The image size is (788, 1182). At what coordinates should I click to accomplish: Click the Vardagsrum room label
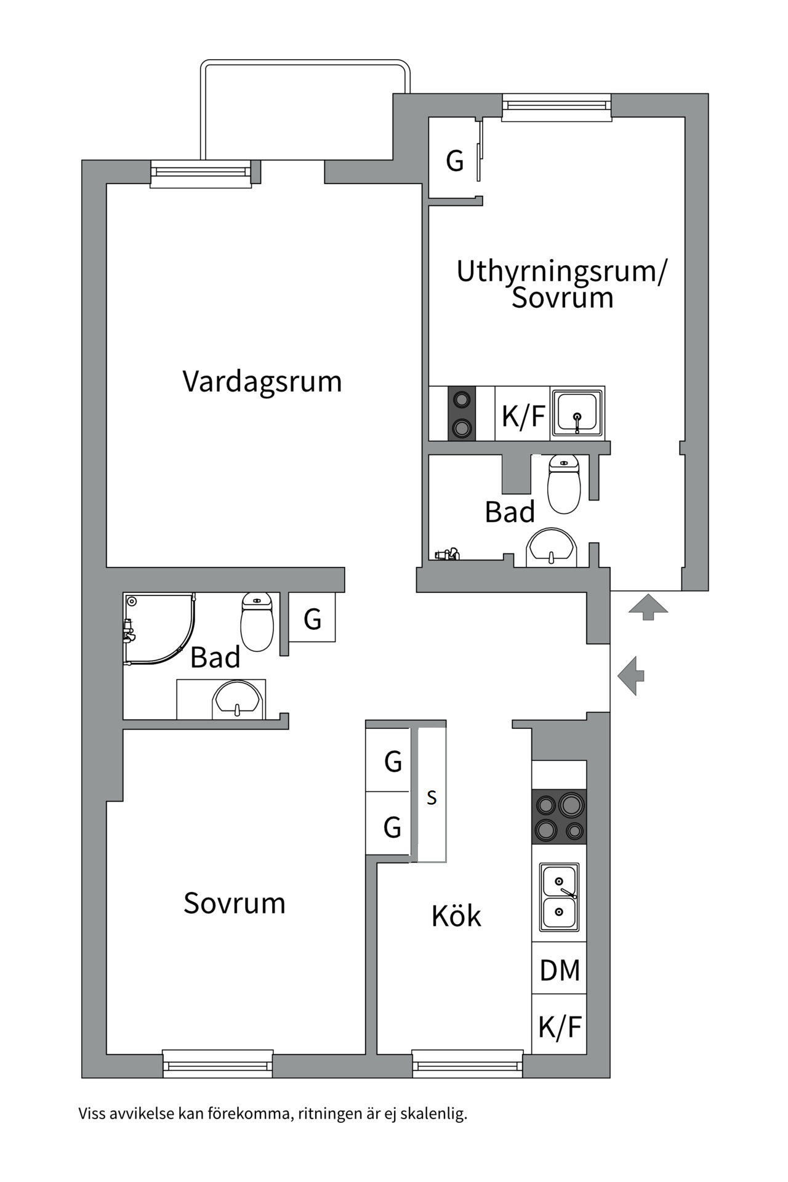pos(262,382)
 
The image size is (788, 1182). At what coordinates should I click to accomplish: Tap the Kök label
pos(456,916)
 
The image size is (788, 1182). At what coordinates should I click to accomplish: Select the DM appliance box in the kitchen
pos(559,971)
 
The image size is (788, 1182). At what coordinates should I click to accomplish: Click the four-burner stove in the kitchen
pos(559,816)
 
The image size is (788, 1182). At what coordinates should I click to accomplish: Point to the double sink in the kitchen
pos(559,896)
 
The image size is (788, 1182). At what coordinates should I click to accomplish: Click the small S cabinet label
pos(432,798)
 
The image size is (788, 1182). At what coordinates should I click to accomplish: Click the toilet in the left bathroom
pos(257,622)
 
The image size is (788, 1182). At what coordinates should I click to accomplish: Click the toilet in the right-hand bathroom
pos(564,484)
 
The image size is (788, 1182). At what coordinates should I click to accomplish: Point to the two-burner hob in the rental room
pos(461,413)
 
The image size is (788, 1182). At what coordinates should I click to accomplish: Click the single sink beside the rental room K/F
pos(577,412)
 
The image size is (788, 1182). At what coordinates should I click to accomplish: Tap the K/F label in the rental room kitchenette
pos(523,416)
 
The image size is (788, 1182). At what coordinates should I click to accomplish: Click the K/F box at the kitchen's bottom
pos(559,1027)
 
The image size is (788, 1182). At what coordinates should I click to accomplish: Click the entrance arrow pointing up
pos(648,607)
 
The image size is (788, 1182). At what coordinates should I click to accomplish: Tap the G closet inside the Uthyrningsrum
pos(454,161)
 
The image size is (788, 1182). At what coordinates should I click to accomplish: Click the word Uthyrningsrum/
pos(561,271)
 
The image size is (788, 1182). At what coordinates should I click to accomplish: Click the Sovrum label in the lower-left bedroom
pos(235,904)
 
